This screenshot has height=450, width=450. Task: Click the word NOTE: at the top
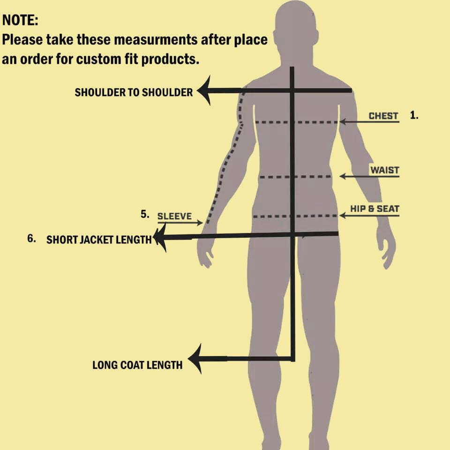pyautogui.click(x=20, y=20)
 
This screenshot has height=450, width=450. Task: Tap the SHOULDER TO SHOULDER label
pyautogui.click(x=134, y=92)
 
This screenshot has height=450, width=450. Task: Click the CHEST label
pyautogui.click(x=383, y=116)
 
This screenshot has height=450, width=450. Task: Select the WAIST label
pyautogui.click(x=384, y=170)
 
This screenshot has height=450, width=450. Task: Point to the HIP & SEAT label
pyautogui.click(x=375, y=209)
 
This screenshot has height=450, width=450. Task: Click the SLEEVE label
pyautogui.click(x=174, y=216)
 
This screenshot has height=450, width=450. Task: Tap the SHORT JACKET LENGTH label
pyautogui.click(x=99, y=240)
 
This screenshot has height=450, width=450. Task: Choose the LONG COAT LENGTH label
pyautogui.click(x=137, y=365)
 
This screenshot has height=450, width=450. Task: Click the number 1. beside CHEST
pyautogui.click(x=414, y=115)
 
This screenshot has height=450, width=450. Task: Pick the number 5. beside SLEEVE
pyautogui.click(x=145, y=214)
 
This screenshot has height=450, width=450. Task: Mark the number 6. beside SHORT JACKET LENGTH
pyautogui.click(x=31, y=239)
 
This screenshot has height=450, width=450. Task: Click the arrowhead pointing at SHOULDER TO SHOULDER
pyautogui.click(x=204, y=90)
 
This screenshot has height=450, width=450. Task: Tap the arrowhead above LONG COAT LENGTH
pyautogui.click(x=195, y=359)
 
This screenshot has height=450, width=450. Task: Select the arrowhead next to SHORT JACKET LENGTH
pyautogui.click(x=160, y=238)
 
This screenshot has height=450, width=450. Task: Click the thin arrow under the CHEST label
pyautogui.click(x=369, y=122)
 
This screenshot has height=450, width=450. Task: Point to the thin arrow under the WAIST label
pyautogui.click(x=369, y=176)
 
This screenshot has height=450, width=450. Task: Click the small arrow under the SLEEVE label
pyautogui.click(x=180, y=223)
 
